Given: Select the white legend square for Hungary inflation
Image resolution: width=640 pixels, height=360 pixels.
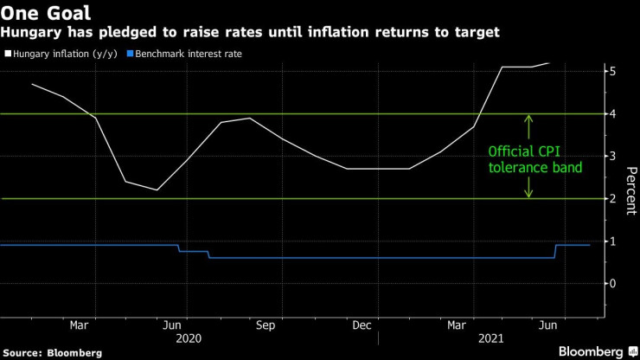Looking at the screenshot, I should [x=8, y=54].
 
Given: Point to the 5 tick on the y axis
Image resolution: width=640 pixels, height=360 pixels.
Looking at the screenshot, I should [x=612, y=71].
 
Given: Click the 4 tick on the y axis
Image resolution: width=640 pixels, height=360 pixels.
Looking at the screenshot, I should [x=612, y=113].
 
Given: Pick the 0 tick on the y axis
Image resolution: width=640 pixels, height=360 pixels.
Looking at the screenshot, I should [x=612, y=283].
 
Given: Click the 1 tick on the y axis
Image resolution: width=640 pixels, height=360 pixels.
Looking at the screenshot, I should [x=612, y=241].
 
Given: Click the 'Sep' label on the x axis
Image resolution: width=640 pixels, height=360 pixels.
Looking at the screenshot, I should [x=266, y=325].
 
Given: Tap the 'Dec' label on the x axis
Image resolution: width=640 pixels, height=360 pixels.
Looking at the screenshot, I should [x=362, y=325].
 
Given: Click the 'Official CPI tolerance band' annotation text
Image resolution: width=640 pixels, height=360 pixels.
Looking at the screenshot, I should [x=530, y=158].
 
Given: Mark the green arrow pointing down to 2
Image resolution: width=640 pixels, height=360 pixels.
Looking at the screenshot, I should [x=528, y=188].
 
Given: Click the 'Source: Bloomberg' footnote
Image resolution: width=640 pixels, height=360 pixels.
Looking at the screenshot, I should [x=52, y=352].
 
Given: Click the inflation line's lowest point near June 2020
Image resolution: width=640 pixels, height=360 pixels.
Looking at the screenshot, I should [x=157, y=190].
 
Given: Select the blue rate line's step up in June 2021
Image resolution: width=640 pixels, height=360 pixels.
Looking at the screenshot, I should [x=554, y=251].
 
